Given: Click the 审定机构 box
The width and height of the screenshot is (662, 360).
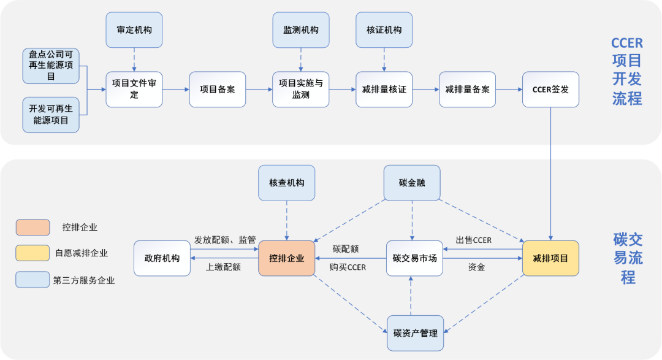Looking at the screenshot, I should tap(134, 30).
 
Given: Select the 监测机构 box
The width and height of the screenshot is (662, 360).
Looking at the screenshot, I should tap(301, 30).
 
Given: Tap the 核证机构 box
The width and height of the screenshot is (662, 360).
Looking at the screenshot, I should tap(384, 30).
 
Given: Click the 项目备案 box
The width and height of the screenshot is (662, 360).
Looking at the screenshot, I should tap(217, 90).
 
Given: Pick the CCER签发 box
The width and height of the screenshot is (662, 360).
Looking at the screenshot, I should tap(550, 90).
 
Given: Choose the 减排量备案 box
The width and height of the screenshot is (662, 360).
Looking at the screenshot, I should tap(467, 90).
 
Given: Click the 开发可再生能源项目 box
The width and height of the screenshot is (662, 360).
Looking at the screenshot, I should tap(51, 115).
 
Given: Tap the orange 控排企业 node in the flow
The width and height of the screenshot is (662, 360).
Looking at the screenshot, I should tap(287, 258).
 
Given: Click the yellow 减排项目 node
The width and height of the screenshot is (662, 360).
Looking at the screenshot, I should tap(550, 258).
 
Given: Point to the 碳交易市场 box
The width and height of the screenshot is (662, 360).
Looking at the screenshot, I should tap(414, 258).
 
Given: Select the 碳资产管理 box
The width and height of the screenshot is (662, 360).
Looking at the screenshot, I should tap(415, 333).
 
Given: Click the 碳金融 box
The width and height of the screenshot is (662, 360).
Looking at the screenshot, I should tap(412, 183).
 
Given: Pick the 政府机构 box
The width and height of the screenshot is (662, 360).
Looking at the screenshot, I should tap(162, 258).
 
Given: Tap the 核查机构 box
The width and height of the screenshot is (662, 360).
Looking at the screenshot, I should tap(287, 183).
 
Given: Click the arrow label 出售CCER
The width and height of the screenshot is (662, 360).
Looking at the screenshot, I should tap(473, 240).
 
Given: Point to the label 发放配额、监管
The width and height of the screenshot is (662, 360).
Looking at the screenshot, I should tap(224, 240).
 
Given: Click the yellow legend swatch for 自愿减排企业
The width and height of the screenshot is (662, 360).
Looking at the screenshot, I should tap(32, 253).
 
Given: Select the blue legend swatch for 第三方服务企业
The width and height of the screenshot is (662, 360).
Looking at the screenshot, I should tap(32, 280).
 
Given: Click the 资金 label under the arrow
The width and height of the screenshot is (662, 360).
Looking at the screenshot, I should tap(476, 267).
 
